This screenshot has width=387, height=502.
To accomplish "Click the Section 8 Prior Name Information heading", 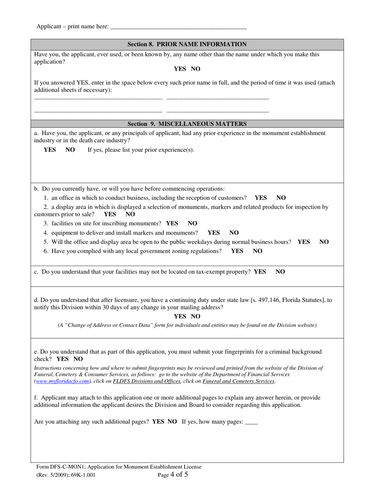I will [x=187, y=44].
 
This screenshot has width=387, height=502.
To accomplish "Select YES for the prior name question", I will [x=180, y=69].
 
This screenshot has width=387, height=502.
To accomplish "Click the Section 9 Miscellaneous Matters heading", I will [x=187, y=124].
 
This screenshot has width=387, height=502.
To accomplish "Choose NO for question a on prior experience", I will [x=70, y=150].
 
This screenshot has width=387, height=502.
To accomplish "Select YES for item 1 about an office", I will [x=261, y=198].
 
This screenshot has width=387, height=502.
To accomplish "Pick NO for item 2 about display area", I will [x=130, y=214].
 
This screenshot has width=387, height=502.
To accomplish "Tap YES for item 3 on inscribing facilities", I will [x=172, y=223].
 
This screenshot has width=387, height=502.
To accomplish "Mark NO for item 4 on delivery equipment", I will [x=234, y=233].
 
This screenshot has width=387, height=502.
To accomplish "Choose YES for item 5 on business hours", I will [x=303, y=242].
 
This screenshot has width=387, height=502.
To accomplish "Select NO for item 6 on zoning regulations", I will [x=258, y=251].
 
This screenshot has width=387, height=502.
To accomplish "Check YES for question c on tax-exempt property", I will [x=260, y=271].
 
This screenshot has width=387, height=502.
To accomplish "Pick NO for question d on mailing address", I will [x=196, y=316].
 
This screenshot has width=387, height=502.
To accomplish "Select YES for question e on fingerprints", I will [x=63, y=359].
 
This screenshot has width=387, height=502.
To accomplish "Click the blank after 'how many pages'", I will [x=251, y=422].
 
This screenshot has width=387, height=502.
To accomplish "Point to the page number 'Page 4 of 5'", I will [x=173, y=475].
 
